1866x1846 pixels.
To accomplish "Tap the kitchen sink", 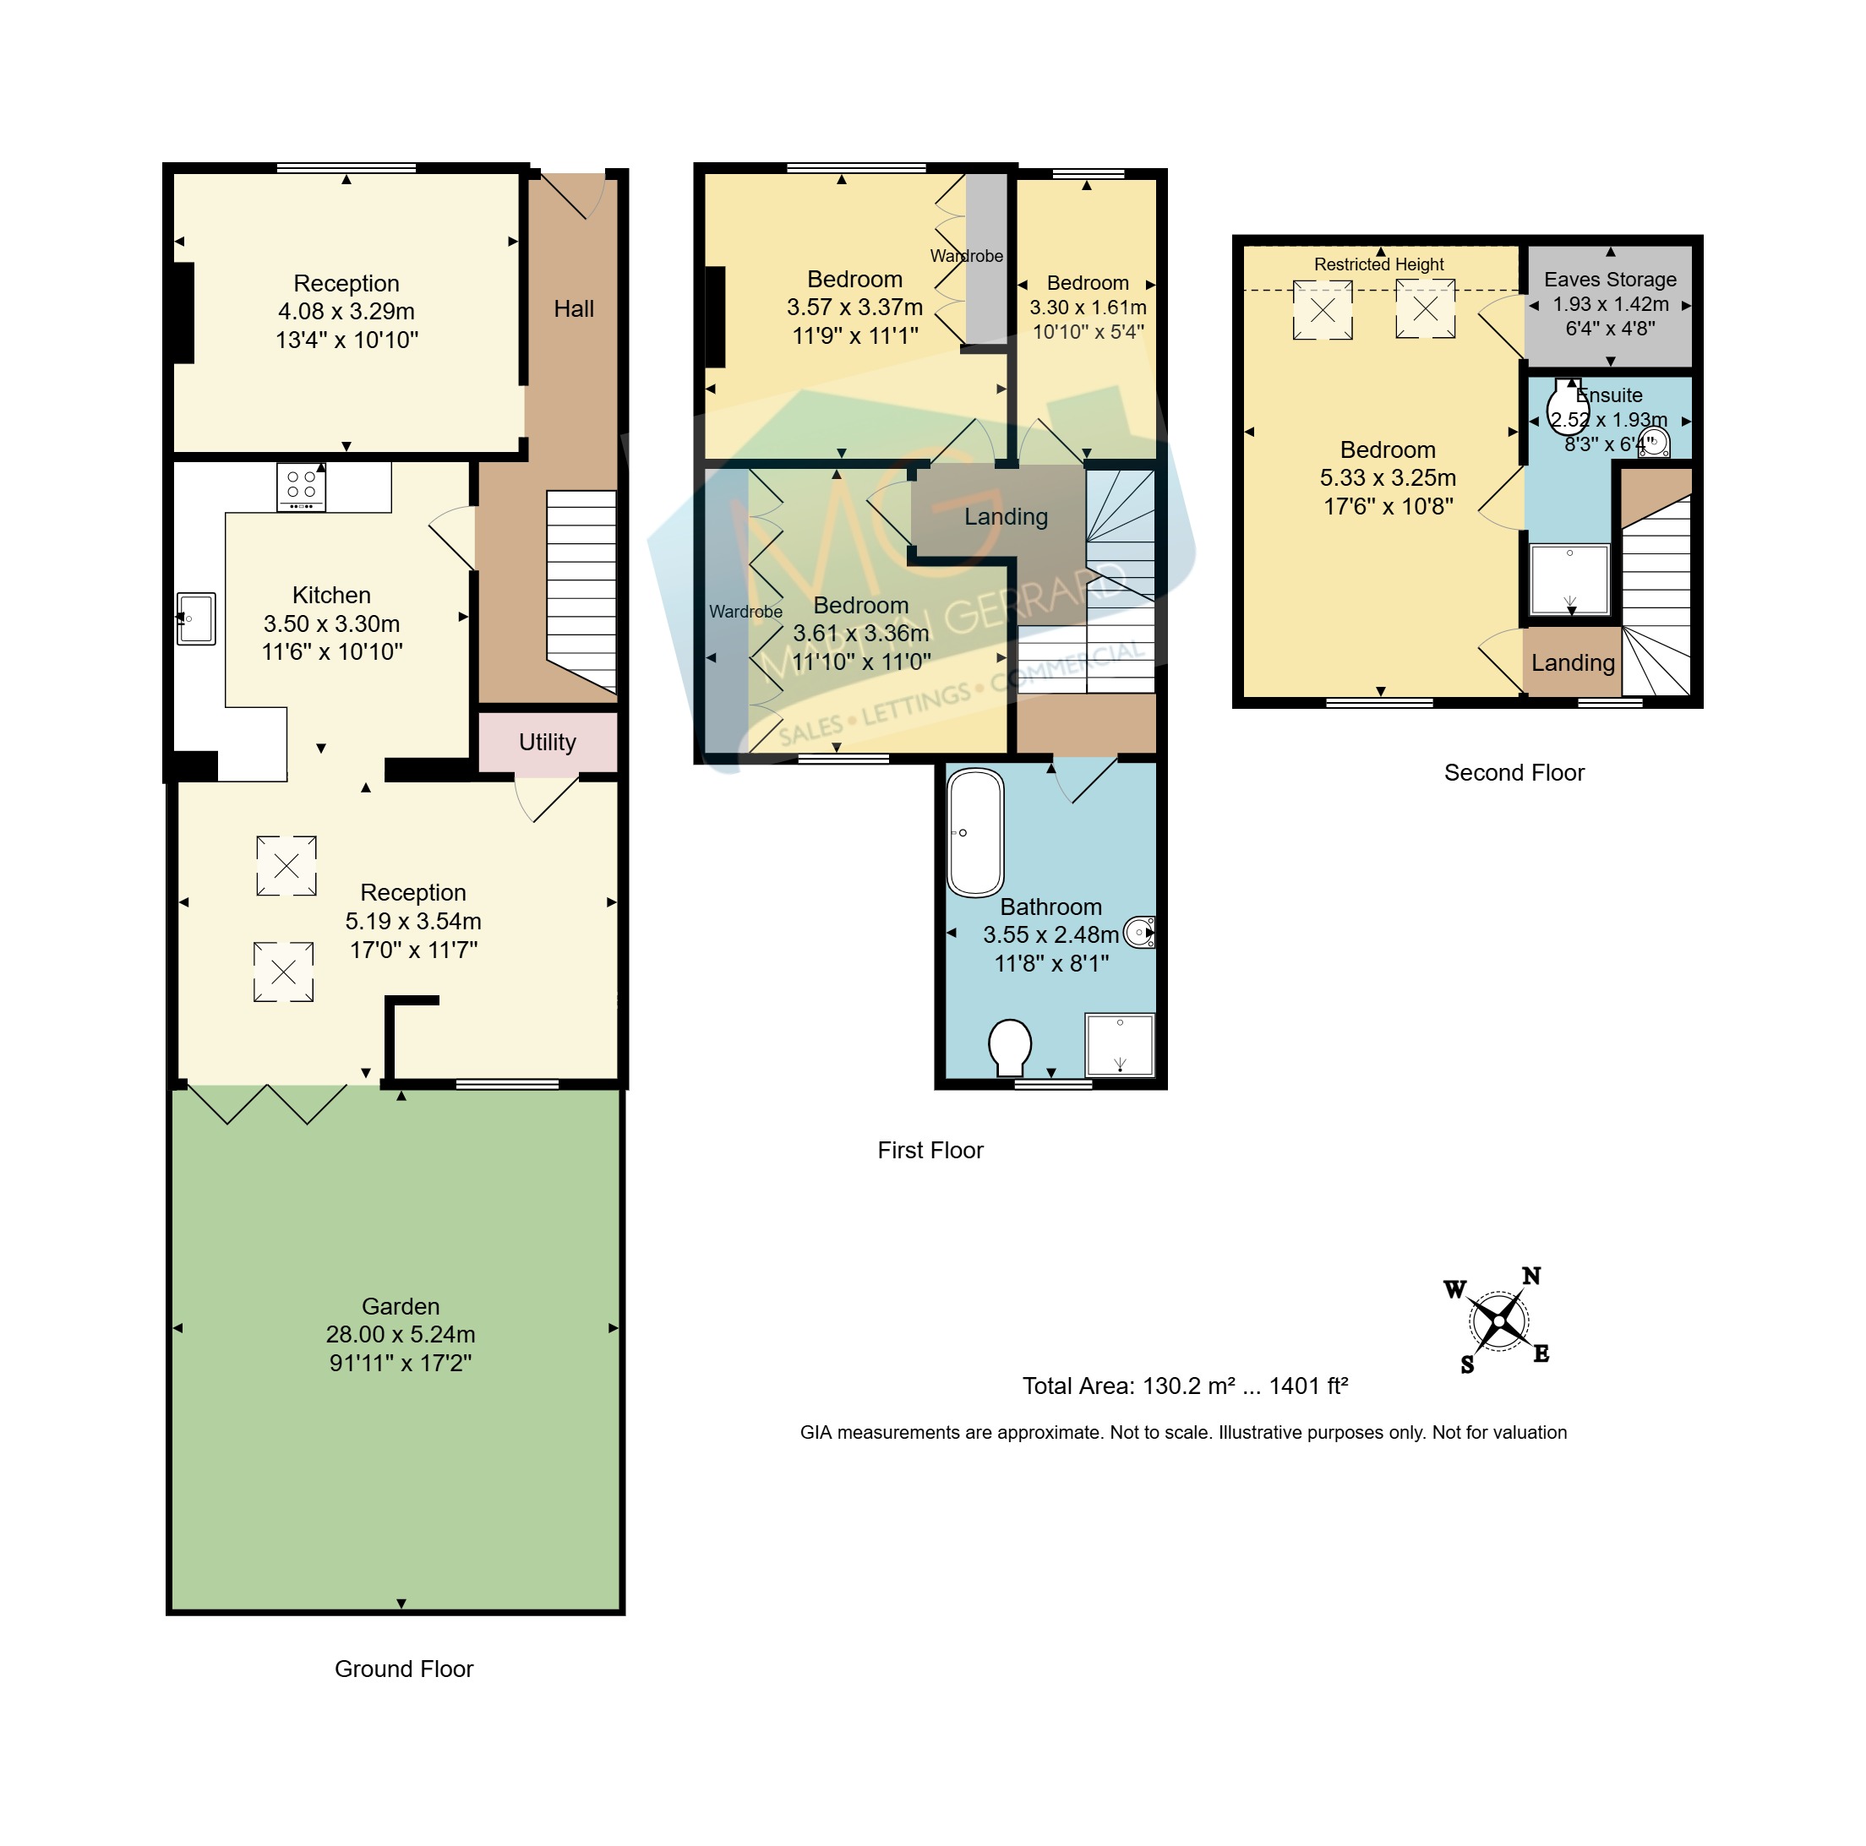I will (196, 618).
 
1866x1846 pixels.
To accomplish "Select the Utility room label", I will (547, 742).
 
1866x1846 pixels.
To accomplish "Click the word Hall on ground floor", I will (573, 308).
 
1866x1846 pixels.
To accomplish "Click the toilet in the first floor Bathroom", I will (1009, 1047).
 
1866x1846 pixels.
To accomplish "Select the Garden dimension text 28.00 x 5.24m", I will (400, 1333).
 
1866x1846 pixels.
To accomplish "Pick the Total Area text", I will (1184, 1386).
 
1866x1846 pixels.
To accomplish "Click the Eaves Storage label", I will (1609, 279).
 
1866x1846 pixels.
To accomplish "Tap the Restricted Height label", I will (1378, 264).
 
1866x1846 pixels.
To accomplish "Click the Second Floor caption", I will (1514, 772).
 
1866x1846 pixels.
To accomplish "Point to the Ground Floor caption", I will (404, 1669).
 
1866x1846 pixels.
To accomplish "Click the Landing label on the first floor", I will (1006, 516).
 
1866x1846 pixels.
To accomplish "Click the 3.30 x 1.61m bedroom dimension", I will (1088, 307).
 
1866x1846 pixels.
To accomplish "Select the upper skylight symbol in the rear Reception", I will (286, 865).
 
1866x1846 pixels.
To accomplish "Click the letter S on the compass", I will (1467, 1364).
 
